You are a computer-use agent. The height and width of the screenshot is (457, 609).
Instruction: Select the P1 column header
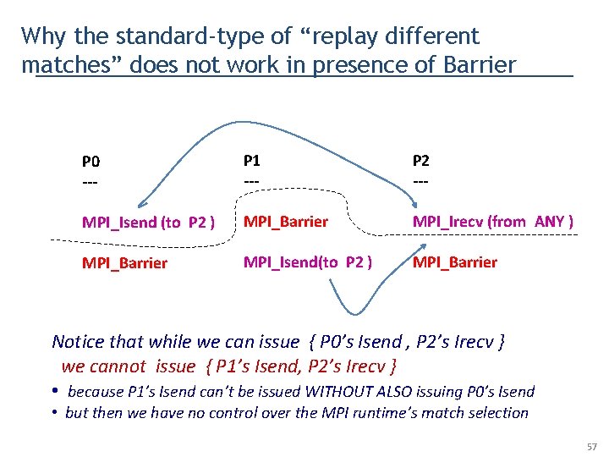pos(252,160)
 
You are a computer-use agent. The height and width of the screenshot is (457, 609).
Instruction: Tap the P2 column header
pos(421,160)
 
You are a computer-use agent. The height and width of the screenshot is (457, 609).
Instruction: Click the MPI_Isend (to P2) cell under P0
pos(148,223)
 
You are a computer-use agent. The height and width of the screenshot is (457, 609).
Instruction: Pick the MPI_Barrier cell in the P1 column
pos(286,222)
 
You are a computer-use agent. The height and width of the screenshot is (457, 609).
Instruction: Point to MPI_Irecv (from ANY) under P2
pos(493,222)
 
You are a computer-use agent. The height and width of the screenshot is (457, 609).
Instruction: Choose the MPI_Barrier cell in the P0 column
pos(124,262)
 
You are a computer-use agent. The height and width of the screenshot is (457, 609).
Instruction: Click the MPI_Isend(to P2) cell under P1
pos(308,262)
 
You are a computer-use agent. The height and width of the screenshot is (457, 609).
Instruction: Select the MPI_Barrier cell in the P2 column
pos(455,262)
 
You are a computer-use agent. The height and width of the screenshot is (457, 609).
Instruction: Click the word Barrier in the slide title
pos(477,64)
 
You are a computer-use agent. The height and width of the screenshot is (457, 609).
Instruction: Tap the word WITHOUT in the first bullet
pos(338,392)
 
